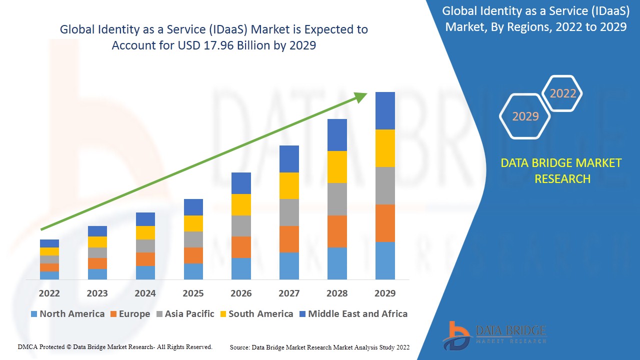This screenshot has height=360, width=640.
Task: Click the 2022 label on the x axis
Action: (49, 293)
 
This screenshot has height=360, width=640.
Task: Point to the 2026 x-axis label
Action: (241, 293)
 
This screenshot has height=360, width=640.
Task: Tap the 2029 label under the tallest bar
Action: (385, 293)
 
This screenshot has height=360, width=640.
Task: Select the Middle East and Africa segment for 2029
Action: (385, 110)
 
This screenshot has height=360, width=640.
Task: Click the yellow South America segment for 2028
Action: (337, 167)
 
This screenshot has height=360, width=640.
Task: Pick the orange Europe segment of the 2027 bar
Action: (289, 239)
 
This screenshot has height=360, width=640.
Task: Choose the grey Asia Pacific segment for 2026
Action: (241, 226)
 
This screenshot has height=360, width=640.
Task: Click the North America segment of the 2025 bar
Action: (193, 271)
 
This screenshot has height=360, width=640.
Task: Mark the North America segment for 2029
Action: (385, 260)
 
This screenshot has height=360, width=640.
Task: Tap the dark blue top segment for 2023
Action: (97, 231)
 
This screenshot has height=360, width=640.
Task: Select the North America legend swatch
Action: (34, 314)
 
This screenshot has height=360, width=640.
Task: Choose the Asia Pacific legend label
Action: (189, 314)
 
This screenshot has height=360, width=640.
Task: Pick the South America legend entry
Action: (260, 314)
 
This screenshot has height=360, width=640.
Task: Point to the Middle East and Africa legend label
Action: (357, 314)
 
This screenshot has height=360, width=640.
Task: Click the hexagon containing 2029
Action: (525, 116)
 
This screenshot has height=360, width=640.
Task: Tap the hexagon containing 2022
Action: (563, 93)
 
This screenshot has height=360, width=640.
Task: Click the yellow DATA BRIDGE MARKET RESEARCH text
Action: (561, 171)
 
